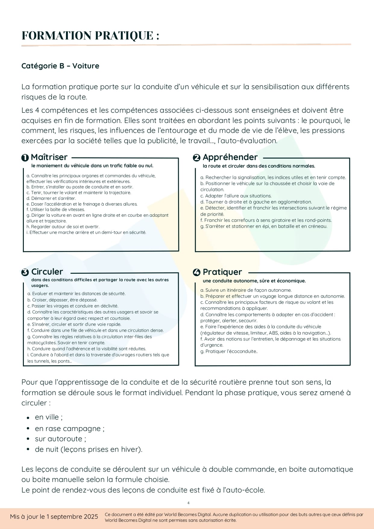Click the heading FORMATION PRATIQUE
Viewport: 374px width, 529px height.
tap(90, 36)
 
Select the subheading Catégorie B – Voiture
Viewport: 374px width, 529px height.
tap(60, 66)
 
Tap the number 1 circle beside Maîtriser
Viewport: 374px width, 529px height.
tap(25, 158)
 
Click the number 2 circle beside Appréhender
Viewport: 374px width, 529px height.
tap(196, 158)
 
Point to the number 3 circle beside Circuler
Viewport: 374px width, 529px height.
tap(25, 272)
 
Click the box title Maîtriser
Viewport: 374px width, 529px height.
tap(49, 157)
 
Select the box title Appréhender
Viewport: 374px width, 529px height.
tap(230, 157)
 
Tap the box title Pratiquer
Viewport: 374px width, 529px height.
tap(222, 272)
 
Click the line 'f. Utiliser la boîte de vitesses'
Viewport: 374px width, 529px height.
tap(56, 209)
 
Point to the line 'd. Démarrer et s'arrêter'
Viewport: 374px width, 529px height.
tap(51, 198)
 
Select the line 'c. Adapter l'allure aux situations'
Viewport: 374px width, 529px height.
tap(236, 196)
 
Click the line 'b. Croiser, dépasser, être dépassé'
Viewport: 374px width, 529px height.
tap(62, 300)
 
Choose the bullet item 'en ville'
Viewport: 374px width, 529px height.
tap(49, 417)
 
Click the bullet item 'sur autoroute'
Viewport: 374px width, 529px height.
tap(60, 439)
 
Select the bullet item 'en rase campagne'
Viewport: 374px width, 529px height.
tap(70, 429)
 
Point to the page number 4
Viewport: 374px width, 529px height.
tap(188, 503)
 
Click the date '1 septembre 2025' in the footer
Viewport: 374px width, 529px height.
tap(72, 517)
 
